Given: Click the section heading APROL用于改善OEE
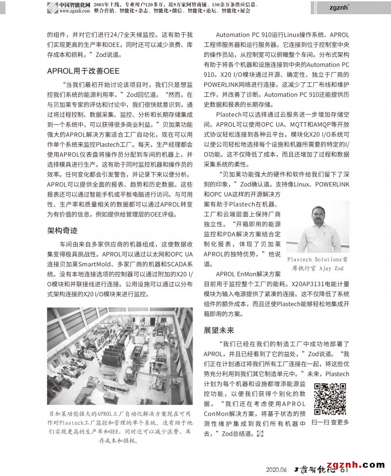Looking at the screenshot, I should point(83,71).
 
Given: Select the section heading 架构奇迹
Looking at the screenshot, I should point(62,230).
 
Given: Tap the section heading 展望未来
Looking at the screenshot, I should point(219,330).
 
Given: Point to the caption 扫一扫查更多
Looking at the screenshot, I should point(331,421).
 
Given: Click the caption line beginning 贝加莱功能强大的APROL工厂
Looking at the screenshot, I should point(120,414).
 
